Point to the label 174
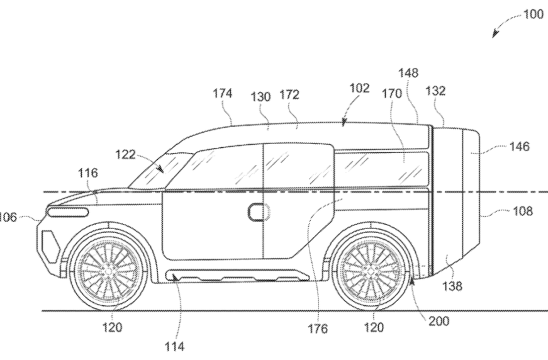pyautogui.click(x=222, y=94)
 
